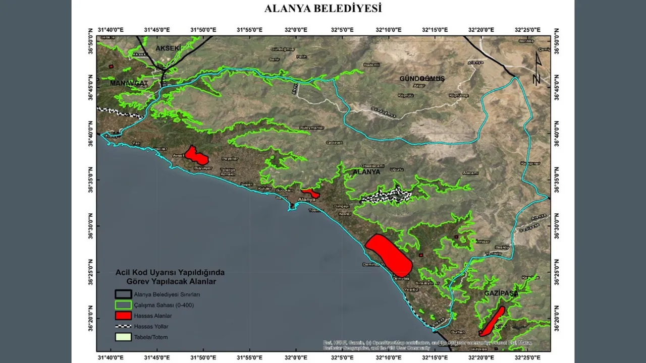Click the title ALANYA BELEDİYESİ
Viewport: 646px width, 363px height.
[x=323, y=9]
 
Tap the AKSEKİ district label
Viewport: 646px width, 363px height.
[x=168, y=48]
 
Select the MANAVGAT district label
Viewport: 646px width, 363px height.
[x=129, y=83]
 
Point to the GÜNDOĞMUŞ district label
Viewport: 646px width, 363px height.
[x=422, y=79]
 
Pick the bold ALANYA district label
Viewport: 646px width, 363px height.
[x=366, y=172]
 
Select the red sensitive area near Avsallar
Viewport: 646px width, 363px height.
[x=196, y=155]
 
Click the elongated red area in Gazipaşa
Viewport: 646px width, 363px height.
[x=492, y=321]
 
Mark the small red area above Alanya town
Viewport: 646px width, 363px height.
[x=310, y=193]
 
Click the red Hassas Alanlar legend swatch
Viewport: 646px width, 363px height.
[x=123, y=316]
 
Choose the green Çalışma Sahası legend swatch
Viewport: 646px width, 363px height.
[x=123, y=305]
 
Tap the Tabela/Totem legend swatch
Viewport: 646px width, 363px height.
[x=123, y=337]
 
